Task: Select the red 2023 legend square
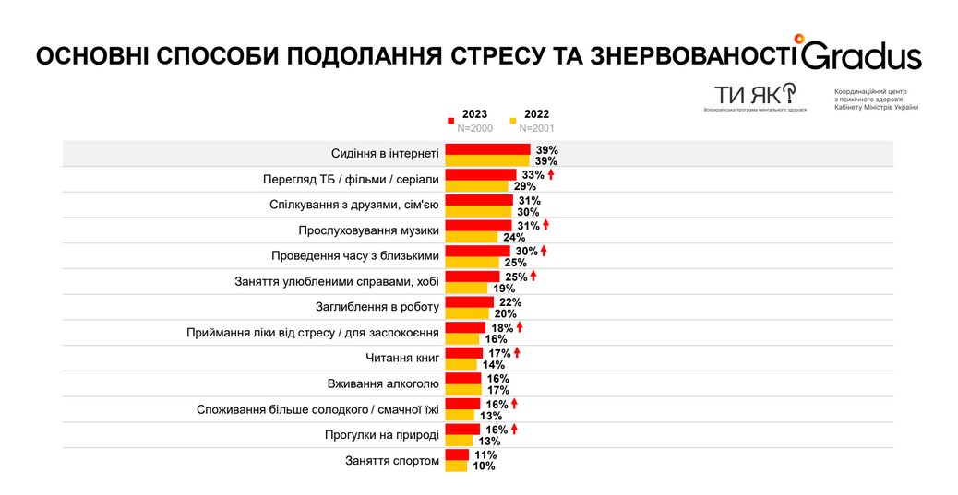(x=450, y=120)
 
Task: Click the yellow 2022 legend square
(x=513, y=120)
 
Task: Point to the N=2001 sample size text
(x=536, y=128)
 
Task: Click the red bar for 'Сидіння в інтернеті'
(x=487, y=149)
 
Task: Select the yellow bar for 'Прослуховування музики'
(x=472, y=237)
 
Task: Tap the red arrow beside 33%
(x=551, y=174)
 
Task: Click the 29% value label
(x=525, y=186)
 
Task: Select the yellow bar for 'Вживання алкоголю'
(x=463, y=390)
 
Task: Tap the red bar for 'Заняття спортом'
(x=457, y=454)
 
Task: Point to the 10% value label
(x=484, y=466)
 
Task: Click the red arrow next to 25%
(x=533, y=276)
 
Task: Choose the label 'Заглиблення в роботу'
(x=377, y=307)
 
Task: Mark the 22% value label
(x=509, y=301)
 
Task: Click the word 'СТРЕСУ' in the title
(x=497, y=57)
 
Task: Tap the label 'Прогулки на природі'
(x=382, y=435)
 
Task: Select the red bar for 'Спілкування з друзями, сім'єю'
(x=478, y=200)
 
